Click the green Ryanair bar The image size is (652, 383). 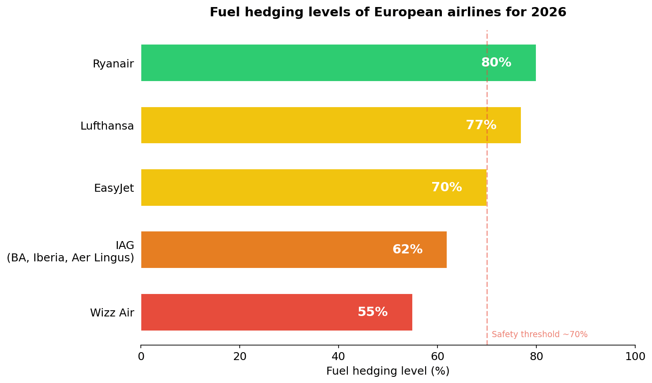309,63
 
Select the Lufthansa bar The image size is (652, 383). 300,125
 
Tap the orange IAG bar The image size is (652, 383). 265,249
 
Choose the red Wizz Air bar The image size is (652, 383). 247,312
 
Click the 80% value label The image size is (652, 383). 496,63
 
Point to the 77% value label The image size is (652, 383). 481,125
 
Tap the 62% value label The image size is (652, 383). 407,249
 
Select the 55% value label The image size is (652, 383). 373,312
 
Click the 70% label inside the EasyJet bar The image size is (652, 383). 447,187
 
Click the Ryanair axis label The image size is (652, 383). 113,64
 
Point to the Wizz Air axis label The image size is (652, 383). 112,313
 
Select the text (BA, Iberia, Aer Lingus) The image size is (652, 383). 70,258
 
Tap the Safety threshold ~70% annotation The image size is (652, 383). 539,335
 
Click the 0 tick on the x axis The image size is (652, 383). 141,357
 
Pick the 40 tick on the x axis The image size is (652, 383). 339,357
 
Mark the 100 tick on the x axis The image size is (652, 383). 635,357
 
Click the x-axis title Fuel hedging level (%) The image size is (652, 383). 388,371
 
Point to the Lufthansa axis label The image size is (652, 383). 107,126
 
